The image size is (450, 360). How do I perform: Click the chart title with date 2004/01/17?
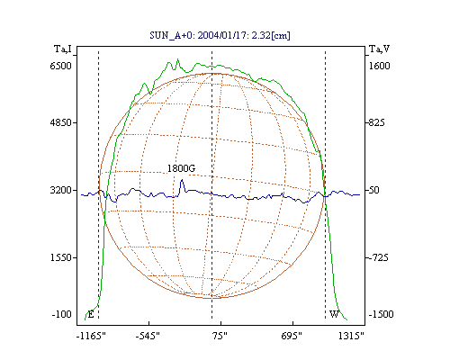tap(220, 35)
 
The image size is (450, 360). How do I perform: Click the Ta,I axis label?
tap(63, 49)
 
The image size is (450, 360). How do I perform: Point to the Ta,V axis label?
tap(379, 49)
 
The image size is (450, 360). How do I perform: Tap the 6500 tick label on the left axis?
tap(60, 66)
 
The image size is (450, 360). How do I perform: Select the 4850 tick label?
tap(60, 122)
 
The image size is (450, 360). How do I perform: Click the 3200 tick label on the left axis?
tap(60, 190)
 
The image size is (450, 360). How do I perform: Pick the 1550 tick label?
tap(60, 257)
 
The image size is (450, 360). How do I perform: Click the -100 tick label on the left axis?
tap(61, 314)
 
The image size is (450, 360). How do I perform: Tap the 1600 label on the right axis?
tap(379, 66)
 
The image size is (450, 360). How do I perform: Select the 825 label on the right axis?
tap(377, 122)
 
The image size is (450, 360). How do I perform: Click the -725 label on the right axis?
tap(379, 257)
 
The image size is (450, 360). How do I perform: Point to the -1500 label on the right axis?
tap(381, 314)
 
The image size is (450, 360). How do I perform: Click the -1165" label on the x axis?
tap(91, 336)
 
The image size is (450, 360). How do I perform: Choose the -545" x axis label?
tap(148, 336)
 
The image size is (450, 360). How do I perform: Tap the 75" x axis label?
tap(220, 336)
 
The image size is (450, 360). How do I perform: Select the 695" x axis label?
tap(292, 336)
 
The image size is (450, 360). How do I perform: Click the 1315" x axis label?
tap(351, 336)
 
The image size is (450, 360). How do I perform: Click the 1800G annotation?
tap(181, 168)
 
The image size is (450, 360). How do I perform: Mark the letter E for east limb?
tap(91, 314)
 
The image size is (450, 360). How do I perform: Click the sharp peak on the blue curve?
tap(182, 180)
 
